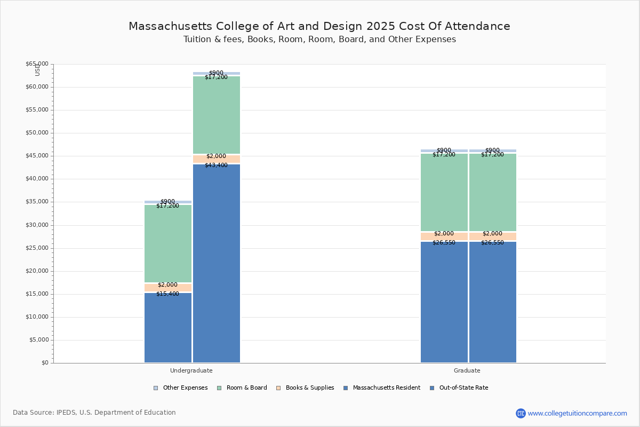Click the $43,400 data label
pos(216,165)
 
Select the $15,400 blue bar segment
pos(168,328)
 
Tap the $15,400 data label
pos(167,294)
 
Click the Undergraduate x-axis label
pos(191,370)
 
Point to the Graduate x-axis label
pos(467,370)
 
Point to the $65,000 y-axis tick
pos(37,64)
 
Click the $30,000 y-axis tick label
pos(37,225)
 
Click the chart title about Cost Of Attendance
pos(319,26)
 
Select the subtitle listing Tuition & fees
pos(319,39)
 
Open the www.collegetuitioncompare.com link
pos(577,413)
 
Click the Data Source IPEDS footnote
pos(94,413)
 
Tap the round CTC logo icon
pos(521,413)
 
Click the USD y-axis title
pos(37,70)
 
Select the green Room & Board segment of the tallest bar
pos(217,115)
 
